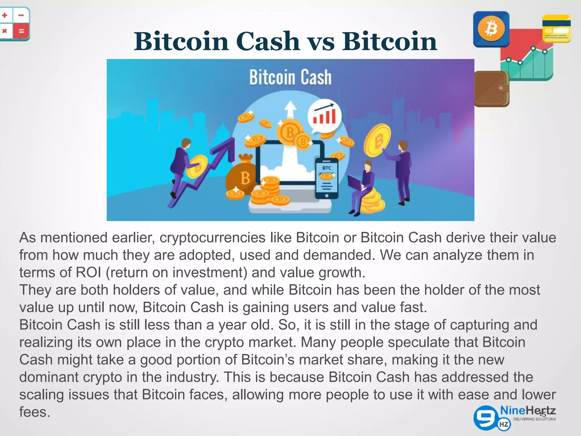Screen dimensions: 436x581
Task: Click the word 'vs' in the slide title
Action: [x=321, y=42]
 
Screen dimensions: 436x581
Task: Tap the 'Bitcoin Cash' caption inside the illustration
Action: [x=290, y=77]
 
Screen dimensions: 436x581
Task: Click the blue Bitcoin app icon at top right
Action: [x=491, y=29]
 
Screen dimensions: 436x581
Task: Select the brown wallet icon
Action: [x=491, y=89]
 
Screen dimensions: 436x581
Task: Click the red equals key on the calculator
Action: [x=22, y=31]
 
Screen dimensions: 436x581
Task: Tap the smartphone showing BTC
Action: [x=327, y=178]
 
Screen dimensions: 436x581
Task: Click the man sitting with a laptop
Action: [x=363, y=185]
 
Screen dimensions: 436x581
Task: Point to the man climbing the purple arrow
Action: [x=182, y=165]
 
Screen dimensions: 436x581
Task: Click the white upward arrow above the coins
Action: [x=290, y=109]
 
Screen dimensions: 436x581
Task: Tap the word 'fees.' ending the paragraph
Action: [x=35, y=412]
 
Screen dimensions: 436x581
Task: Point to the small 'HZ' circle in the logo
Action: [x=505, y=425]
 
